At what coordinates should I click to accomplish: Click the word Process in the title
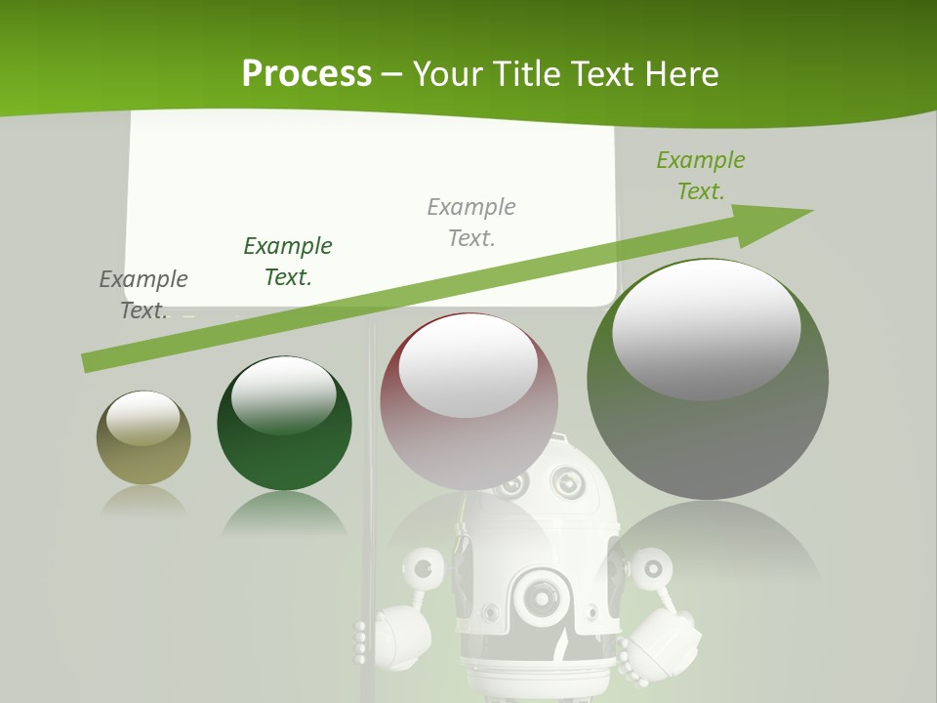pyautogui.click(x=306, y=73)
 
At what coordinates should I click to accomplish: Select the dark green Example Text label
pyautogui.click(x=288, y=262)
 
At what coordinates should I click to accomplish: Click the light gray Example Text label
pyautogui.click(x=471, y=222)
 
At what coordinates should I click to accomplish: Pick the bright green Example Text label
pyautogui.click(x=700, y=175)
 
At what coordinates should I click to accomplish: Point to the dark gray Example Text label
pyautogui.click(x=143, y=294)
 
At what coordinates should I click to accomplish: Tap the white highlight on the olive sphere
pyautogui.click(x=143, y=417)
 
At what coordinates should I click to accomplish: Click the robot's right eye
pyautogui.click(x=566, y=482)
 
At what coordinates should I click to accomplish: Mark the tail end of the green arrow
pyautogui.click(x=86, y=363)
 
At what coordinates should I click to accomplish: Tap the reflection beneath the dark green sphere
pyautogui.click(x=284, y=513)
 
